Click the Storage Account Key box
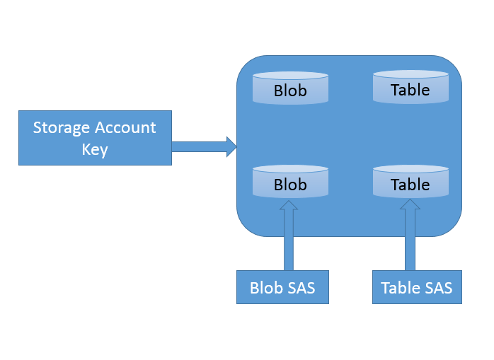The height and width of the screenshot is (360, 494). (95, 138)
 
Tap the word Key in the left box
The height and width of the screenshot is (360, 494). (95, 149)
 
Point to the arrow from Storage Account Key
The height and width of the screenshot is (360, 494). (202, 146)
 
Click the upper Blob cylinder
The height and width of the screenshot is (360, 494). (290, 88)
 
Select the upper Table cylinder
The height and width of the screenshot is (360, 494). (410, 87)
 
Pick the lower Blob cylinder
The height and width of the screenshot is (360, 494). (290, 182)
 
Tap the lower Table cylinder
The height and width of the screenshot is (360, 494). (410, 182)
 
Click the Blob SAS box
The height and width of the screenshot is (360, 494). (282, 288)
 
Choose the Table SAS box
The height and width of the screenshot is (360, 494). (417, 288)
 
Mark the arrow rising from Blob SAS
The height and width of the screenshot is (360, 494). (289, 237)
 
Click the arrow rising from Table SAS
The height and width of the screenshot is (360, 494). (410, 237)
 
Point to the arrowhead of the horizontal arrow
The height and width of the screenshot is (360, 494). (231, 146)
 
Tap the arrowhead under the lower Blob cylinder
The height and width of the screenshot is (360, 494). (289, 204)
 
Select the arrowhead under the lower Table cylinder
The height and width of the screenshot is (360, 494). (410, 204)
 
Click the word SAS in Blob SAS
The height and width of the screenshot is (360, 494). (300, 288)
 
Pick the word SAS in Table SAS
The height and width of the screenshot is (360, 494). (437, 288)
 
